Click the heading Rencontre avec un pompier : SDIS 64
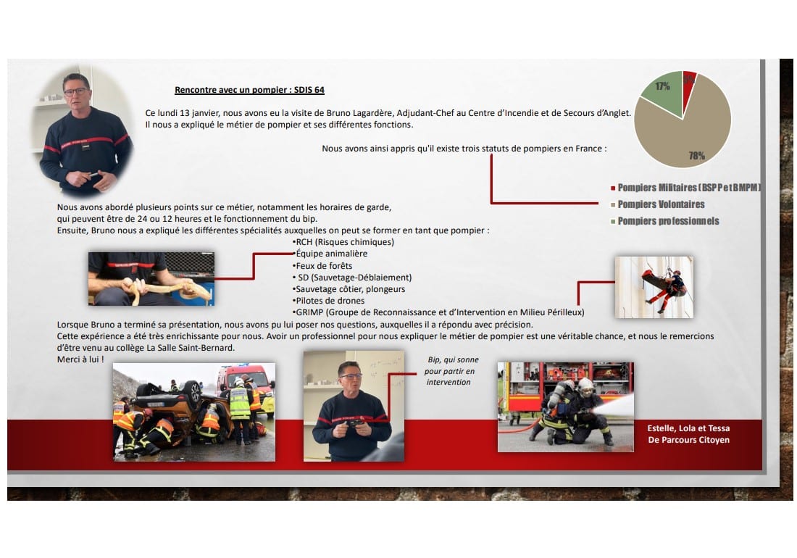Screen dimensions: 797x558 pyautogui.click(x=249, y=90)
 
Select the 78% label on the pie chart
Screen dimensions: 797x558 pyautogui.click(x=697, y=156)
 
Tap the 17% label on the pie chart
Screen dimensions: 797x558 pyautogui.click(x=662, y=86)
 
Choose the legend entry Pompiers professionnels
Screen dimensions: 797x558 pyautogui.click(x=665, y=221)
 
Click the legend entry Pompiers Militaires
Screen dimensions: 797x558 pyautogui.click(x=685, y=188)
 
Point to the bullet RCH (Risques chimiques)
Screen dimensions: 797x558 pyautogui.click(x=343, y=242)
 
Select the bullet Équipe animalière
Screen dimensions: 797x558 pyautogui.click(x=330, y=254)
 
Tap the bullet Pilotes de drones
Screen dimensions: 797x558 pyautogui.click(x=328, y=301)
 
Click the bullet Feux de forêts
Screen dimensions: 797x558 pyautogui.click(x=322, y=266)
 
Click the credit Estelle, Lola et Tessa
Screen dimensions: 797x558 pyautogui.click(x=688, y=428)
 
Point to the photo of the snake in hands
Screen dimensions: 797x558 pyautogui.click(x=151, y=279)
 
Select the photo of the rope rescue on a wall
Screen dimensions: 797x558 pyautogui.click(x=654, y=287)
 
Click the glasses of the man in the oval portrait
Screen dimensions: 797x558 pyautogui.click(x=76, y=92)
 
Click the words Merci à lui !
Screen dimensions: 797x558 pyautogui.click(x=80, y=359)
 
